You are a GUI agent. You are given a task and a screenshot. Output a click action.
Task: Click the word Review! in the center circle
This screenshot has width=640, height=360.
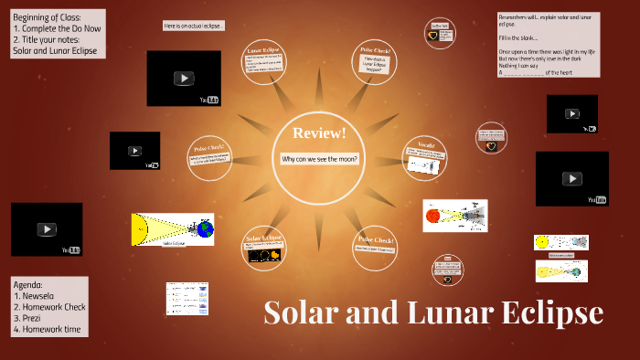pos(319,134)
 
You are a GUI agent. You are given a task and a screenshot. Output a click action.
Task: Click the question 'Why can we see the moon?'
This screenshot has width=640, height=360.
pos(320,159)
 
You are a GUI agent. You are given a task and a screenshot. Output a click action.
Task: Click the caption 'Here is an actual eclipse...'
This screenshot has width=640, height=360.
pos(194,26)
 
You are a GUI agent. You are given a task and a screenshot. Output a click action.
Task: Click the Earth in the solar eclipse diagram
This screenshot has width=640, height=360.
pos(205,229)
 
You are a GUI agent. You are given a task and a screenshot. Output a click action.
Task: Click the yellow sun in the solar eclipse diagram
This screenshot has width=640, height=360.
pos(140,229)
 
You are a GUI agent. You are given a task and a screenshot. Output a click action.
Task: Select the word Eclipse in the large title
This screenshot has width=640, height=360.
pos(552,312)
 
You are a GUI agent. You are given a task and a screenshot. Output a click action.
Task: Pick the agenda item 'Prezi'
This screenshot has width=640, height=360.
pos(32,318)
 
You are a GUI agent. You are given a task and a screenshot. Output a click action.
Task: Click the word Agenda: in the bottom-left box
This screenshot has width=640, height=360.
pos(30,285)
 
